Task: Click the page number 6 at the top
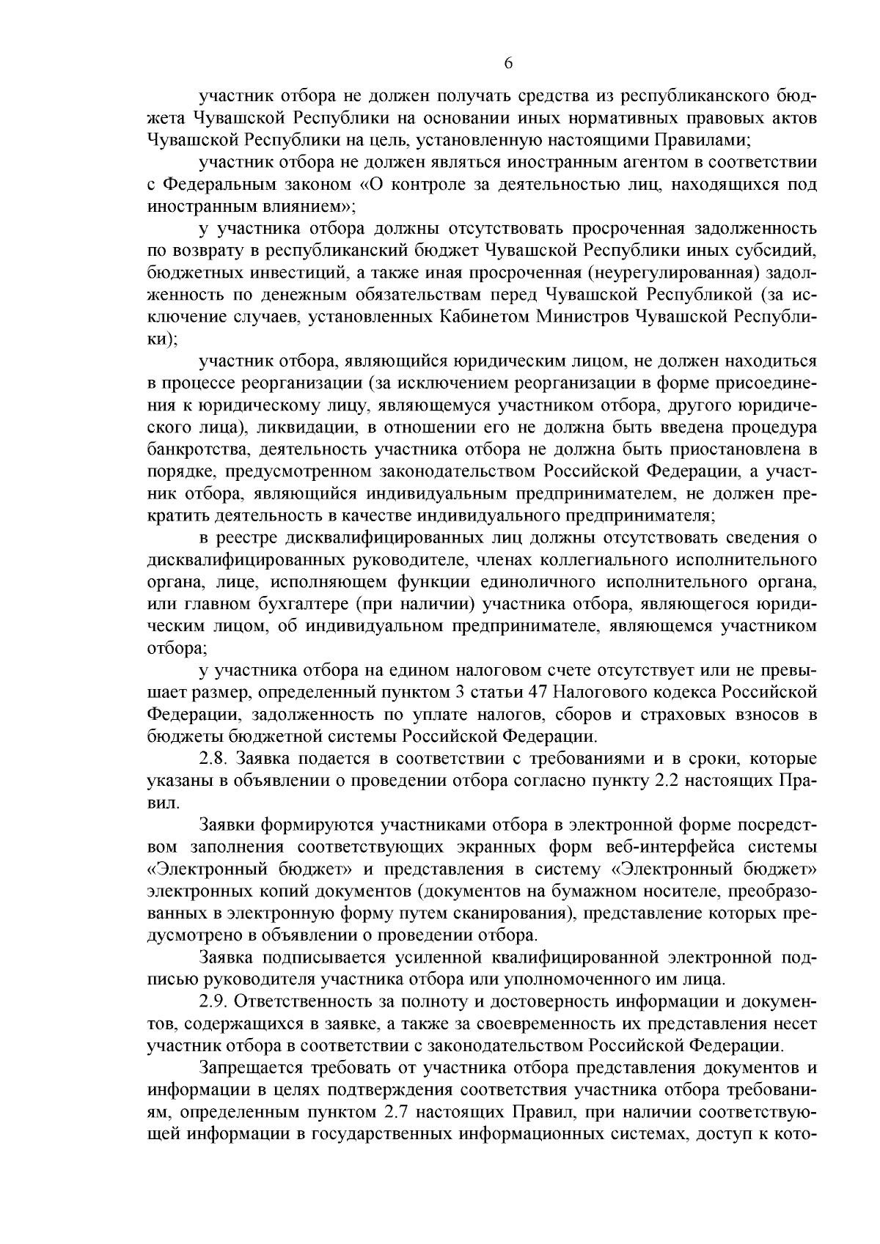pyautogui.click(x=508, y=64)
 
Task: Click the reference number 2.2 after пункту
pyautogui.click(x=668, y=781)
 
